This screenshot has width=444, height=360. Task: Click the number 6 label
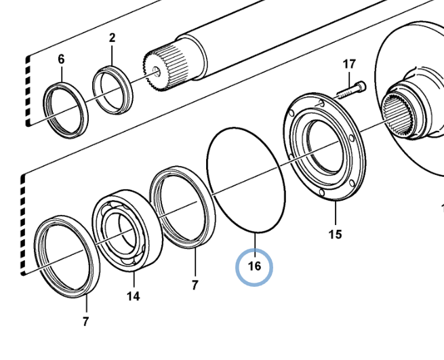(61, 59)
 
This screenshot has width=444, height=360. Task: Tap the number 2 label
(112, 38)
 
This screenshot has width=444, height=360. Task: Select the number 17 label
(349, 64)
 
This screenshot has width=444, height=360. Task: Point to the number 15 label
(336, 235)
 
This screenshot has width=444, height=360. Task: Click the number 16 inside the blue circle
(254, 266)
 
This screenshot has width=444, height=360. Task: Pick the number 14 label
(133, 296)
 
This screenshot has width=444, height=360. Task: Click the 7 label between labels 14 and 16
(195, 285)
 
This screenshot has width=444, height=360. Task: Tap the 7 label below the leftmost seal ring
(86, 321)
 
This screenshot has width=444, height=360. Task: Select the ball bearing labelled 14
(127, 231)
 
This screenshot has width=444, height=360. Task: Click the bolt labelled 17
(351, 90)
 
